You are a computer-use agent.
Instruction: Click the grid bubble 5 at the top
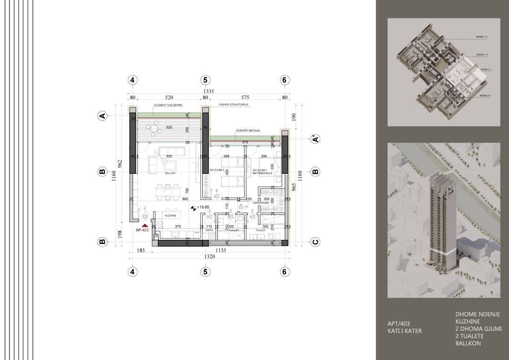[205, 80]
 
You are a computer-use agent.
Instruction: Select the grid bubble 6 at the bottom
[284, 271]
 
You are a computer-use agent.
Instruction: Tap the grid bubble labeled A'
[315, 139]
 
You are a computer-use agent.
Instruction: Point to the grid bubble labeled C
[315, 242]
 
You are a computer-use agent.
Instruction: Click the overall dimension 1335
[208, 91]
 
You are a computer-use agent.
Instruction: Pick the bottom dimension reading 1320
[209, 257]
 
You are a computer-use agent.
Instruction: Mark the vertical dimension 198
[120, 233]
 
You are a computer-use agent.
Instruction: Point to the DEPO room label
[209, 230]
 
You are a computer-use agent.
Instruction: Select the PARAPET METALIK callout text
[248, 131]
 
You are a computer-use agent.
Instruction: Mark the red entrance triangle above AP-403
[145, 225]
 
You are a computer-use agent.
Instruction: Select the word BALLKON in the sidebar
[468, 343]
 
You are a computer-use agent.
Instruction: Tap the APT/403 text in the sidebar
[398, 324]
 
